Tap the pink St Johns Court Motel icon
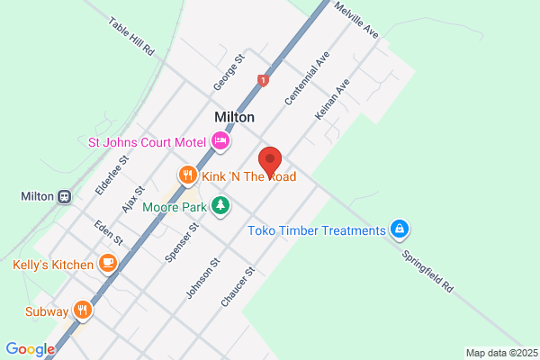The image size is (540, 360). tap(220, 140)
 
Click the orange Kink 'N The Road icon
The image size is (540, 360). tap(187, 175)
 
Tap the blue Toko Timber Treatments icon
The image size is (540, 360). tap(398, 230)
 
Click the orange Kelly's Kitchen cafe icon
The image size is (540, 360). tap(107, 264)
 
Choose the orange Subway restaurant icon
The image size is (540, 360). tap(83, 311)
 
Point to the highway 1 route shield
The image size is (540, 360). tap(262, 80)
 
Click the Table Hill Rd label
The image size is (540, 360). tap(131, 37)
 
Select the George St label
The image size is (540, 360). tap(229, 73)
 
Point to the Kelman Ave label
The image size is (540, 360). tap(332, 98)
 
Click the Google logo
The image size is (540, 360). tap(30, 349)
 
